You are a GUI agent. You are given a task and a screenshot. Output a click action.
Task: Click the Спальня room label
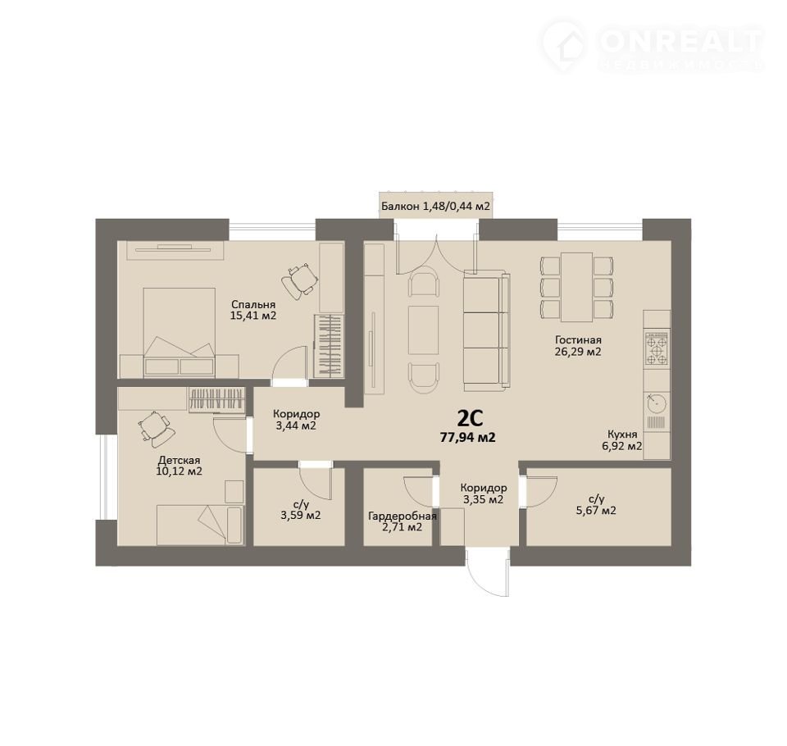click(x=253, y=304)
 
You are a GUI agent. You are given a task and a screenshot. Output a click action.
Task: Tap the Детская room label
click(x=180, y=461)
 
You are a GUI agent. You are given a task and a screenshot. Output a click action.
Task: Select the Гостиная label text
click(x=578, y=340)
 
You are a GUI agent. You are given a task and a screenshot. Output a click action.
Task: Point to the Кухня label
click(x=622, y=434)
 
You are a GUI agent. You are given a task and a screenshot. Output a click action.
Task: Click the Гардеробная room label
click(x=403, y=516)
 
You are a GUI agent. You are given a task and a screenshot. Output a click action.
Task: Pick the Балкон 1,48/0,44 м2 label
click(x=435, y=206)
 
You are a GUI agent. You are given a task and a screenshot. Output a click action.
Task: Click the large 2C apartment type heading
click(x=470, y=418)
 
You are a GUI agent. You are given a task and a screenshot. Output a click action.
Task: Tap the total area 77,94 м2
click(x=468, y=438)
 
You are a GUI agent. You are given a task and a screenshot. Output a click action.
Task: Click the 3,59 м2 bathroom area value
click(x=301, y=515)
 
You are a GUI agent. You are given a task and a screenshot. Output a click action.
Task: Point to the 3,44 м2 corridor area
click(x=296, y=426)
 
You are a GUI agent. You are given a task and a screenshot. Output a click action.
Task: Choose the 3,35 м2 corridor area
click(x=484, y=499)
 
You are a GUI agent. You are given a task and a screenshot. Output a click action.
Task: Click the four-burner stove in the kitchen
click(x=657, y=348)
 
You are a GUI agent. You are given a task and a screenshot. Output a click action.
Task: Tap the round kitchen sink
click(x=656, y=403)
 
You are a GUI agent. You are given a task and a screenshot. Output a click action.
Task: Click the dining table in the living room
click(x=576, y=287)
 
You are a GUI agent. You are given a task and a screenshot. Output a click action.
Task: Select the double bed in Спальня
click(x=180, y=332)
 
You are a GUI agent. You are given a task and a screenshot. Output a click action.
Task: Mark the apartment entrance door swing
click(x=487, y=573)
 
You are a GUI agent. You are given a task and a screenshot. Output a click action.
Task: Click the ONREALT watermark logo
click(x=652, y=46)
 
